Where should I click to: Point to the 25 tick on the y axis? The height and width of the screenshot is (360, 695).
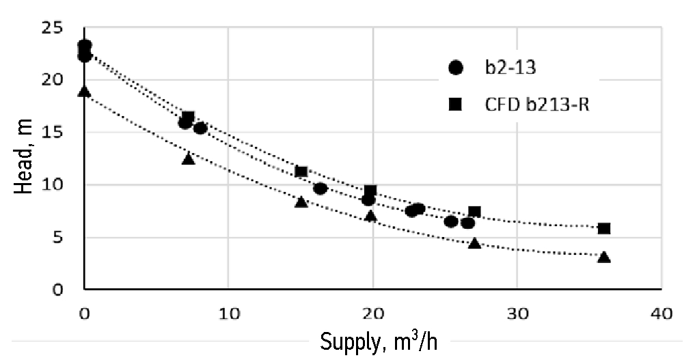(x=52, y=28)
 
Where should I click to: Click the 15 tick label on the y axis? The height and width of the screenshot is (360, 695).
(x=52, y=133)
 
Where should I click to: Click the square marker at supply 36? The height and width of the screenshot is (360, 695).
(x=604, y=228)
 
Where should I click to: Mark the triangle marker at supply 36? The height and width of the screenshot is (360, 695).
(x=604, y=257)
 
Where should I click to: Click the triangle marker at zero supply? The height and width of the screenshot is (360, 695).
(x=84, y=92)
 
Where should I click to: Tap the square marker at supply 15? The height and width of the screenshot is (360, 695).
(x=301, y=171)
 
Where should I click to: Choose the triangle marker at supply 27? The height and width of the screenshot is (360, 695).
(x=474, y=243)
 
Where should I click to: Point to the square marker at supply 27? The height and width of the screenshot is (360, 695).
(x=474, y=212)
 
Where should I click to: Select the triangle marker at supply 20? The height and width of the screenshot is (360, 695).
(x=370, y=216)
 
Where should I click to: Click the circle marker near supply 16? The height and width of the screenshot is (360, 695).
(x=320, y=189)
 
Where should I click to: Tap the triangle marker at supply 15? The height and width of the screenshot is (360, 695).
(x=301, y=202)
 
